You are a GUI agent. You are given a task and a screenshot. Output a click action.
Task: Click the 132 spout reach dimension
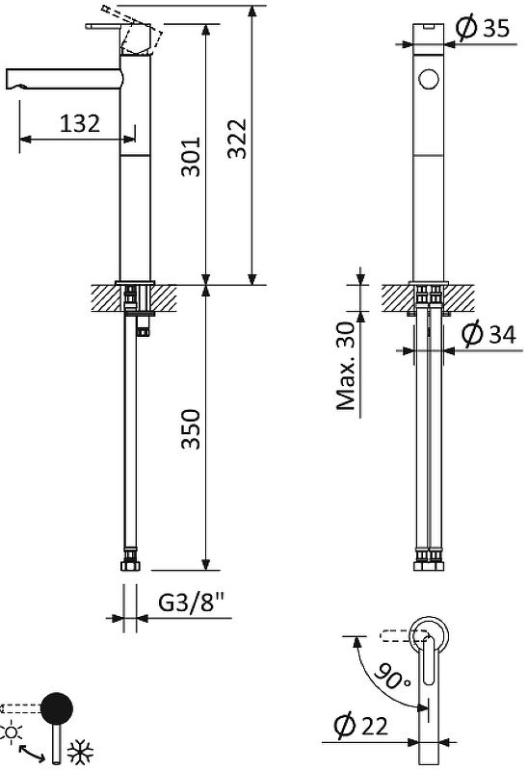click(x=80, y=123)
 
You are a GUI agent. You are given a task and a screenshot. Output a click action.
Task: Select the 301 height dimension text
click(x=191, y=157)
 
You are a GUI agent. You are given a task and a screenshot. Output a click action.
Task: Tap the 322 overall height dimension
click(x=237, y=139)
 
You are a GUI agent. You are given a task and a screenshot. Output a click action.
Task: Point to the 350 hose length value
click(x=191, y=429)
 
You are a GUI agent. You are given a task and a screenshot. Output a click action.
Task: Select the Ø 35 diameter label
click(x=483, y=28)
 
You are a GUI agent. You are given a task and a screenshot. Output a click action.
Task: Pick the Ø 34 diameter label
click(x=489, y=334)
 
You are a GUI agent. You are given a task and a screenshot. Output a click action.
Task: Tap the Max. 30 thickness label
click(x=346, y=366)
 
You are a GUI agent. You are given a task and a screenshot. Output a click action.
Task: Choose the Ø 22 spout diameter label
click(x=361, y=726)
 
